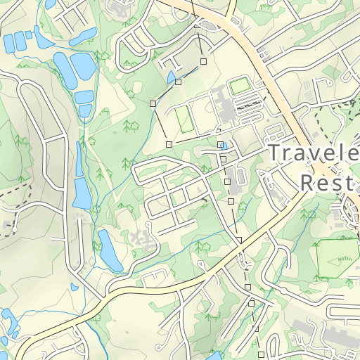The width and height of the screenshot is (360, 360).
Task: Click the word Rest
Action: (326, 183)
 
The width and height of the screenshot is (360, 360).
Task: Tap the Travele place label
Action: (313, 154)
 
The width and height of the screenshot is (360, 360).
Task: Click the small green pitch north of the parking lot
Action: (240, 86)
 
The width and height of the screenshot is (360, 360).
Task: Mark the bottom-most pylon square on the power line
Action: (260, 353)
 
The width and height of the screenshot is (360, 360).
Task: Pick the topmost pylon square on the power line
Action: (203, 62)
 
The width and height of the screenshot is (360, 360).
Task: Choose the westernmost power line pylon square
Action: (153, 103)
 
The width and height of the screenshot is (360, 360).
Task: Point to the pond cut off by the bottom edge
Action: (214, 356)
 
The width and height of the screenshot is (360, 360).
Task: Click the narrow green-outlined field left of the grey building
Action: (184, 118)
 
